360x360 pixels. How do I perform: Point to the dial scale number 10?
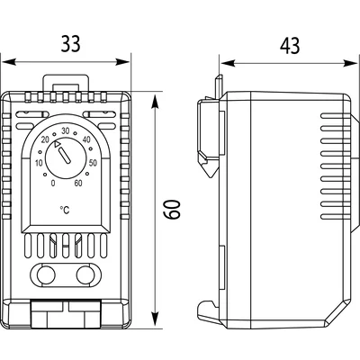39,163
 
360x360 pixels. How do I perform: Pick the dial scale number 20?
46,139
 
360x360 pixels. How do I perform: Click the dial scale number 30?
66,131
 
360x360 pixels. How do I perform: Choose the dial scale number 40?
85,139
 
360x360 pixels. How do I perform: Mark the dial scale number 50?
94,162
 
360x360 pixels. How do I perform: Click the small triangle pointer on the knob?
58,144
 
